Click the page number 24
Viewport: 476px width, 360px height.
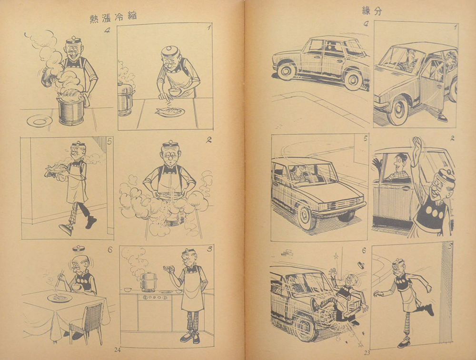click(118, 350)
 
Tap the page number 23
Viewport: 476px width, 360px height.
click(367, 353)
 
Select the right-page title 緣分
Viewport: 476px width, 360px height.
click(372, 11)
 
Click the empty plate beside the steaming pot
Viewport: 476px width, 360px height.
click(40, 121)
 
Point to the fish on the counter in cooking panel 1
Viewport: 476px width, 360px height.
click(170, 112)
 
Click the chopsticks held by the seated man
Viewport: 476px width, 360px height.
click(58, 278)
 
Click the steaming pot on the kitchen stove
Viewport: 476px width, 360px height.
click(149, 282)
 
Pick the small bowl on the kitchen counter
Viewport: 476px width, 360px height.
click(128, 290)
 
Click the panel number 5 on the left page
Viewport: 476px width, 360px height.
click(109, 141)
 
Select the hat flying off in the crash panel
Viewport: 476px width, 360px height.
click(361, 265)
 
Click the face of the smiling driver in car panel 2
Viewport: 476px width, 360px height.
click(400, 164)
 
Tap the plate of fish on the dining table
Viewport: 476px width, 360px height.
click(60, 298)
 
